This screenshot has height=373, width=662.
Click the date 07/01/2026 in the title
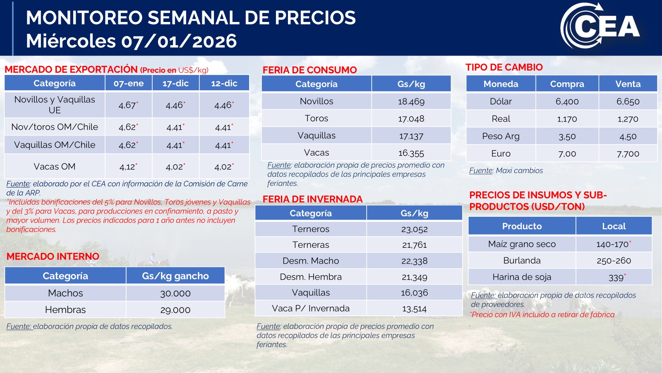coord(179,41)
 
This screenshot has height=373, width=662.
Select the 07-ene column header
coord(128,83)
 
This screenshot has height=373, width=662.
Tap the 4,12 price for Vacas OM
coord(127,167)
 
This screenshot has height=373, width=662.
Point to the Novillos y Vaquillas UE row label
coord(55,105)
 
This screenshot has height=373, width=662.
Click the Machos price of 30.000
coord(175,293)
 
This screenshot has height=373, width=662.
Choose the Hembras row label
coord(65,310)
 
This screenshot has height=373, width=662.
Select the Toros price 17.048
coord(411,119)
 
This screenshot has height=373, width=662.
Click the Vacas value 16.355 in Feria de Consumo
coord(411,153)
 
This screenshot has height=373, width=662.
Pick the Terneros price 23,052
coord(414,230)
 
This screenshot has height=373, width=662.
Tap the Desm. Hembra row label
coord(311,277)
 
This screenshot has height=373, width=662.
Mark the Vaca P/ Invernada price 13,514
coord(414,309)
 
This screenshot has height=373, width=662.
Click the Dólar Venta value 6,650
coord(628,102)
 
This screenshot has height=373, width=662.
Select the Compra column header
coord(567,84)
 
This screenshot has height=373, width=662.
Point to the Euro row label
coord(501,154)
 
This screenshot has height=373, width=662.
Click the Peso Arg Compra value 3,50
coord(567,137)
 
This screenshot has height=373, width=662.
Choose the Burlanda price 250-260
coord(614,261)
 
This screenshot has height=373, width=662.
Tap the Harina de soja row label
coord(522,277)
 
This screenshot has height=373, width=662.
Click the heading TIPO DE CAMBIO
coord(504,68)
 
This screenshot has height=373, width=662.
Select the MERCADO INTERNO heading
coord(53,257)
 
